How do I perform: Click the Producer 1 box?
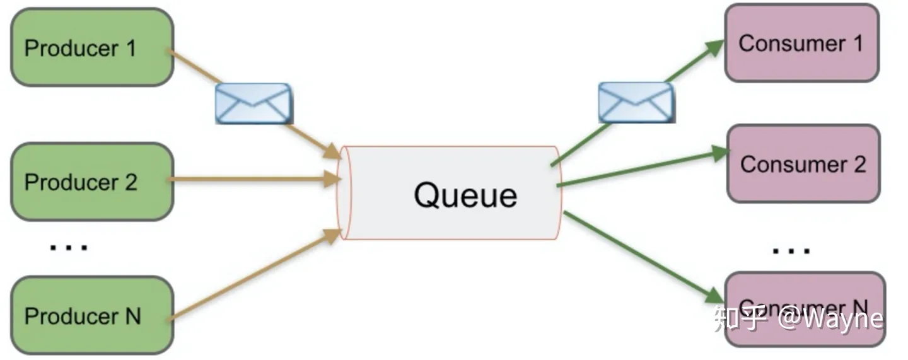pyautogui.click(x=92, y=48)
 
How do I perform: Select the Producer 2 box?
pyautogui.click(x=92, y=182)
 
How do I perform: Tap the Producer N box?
pyautogui.click(x=92, y=315)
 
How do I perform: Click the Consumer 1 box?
pyautogui.click(x=801, y=43)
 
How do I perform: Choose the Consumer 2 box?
pyautogui.click(x=803, y=164)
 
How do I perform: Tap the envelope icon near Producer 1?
pyautogui.click(x=253, y=103)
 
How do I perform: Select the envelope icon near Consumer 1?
pyautogui.click(x=636, y=102)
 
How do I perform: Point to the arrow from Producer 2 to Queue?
pyautogui.click(x=252, y=180)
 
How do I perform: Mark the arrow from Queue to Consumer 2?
pyautogui.click(x=637, y=170)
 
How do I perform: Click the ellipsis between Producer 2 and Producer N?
pyautogui.click(x=69, y=247)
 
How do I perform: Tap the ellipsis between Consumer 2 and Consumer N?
pyautogui.click(x=792, y=251)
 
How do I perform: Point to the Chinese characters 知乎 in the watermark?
pyautogui.click(x=740, y=318)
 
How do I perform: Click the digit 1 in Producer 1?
pyautogui.click(x=131, y=48)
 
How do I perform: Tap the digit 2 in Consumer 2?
pyautogui.click(x=859, y=164)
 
